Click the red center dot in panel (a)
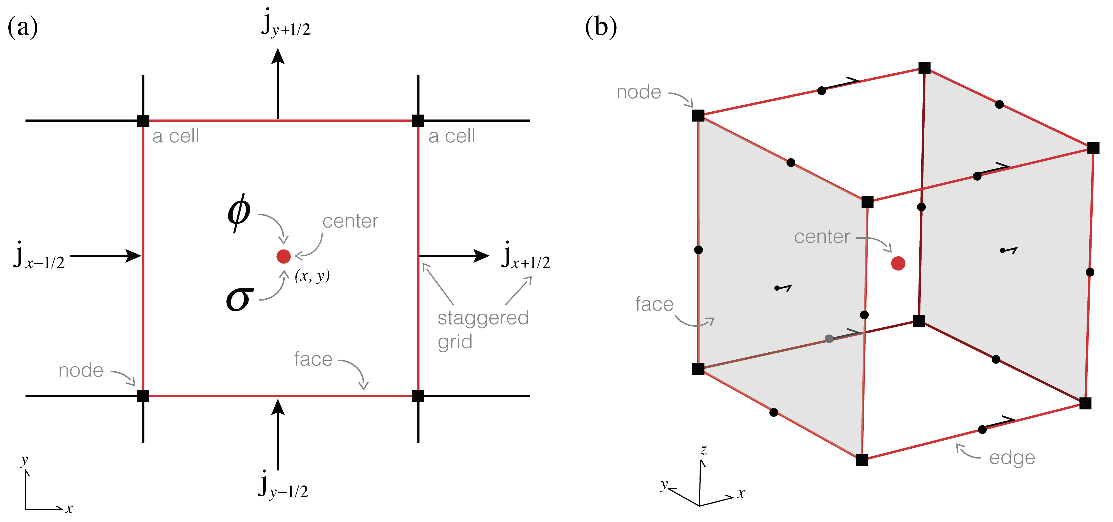click(284, 257)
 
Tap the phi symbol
click(239, 212)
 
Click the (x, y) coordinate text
click(312, 276)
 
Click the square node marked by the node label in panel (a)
click(143, 396)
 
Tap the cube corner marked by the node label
click(698, 116)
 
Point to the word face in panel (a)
click(313, 359)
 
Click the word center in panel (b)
click(822, 237)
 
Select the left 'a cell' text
click(175, 136)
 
